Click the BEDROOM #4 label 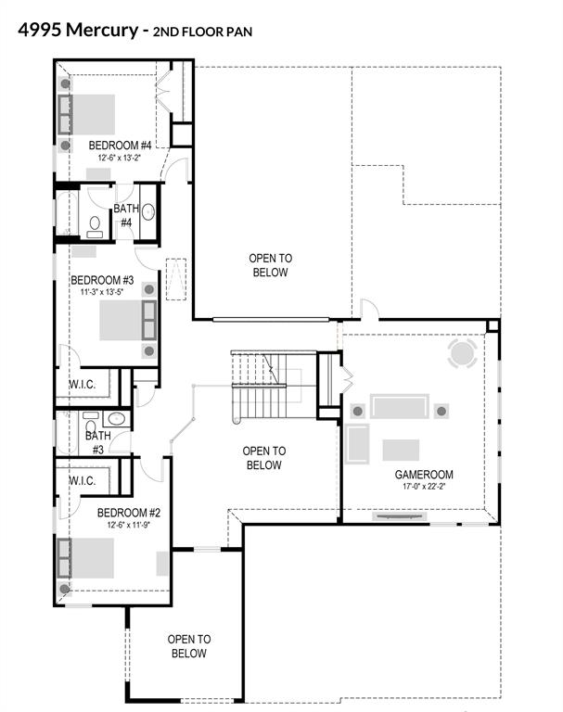pyautogui.click(x=120, y=146)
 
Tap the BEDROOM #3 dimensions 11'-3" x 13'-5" pyautogui.click(x=102, y=292)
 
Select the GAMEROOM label pyautogui.click(x=424, y=475)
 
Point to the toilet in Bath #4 pyautogui.click(x=95, y=226)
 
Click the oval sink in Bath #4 pyautogui.click(x=148, y=212)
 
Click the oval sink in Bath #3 pyautogui.click(x=116, y=418)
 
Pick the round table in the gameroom pyautogui.click(x=462, y=353)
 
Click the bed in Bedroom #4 pyautogui.click(x=86, y=114)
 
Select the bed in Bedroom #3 pyautogui.click(x=128, y=320)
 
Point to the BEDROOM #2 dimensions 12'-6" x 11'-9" pyautogui.click(x=129, y=525)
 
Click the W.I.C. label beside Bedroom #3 pyautogui.click(x=83, y=385)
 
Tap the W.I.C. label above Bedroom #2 pyautogui.click(x=83, y=480)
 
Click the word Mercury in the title pyautogui.click(x=102, y=31)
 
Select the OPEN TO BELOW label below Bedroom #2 pyautogui.click(x=189, y=646)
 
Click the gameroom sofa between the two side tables pyautogui.click(x=400, y=406)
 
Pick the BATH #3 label pyautogui.click(x=98, y=443)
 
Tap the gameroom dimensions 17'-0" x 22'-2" pyautogui.click(x=424, y=487)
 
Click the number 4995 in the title pyautogui.click(x=40, y=30)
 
